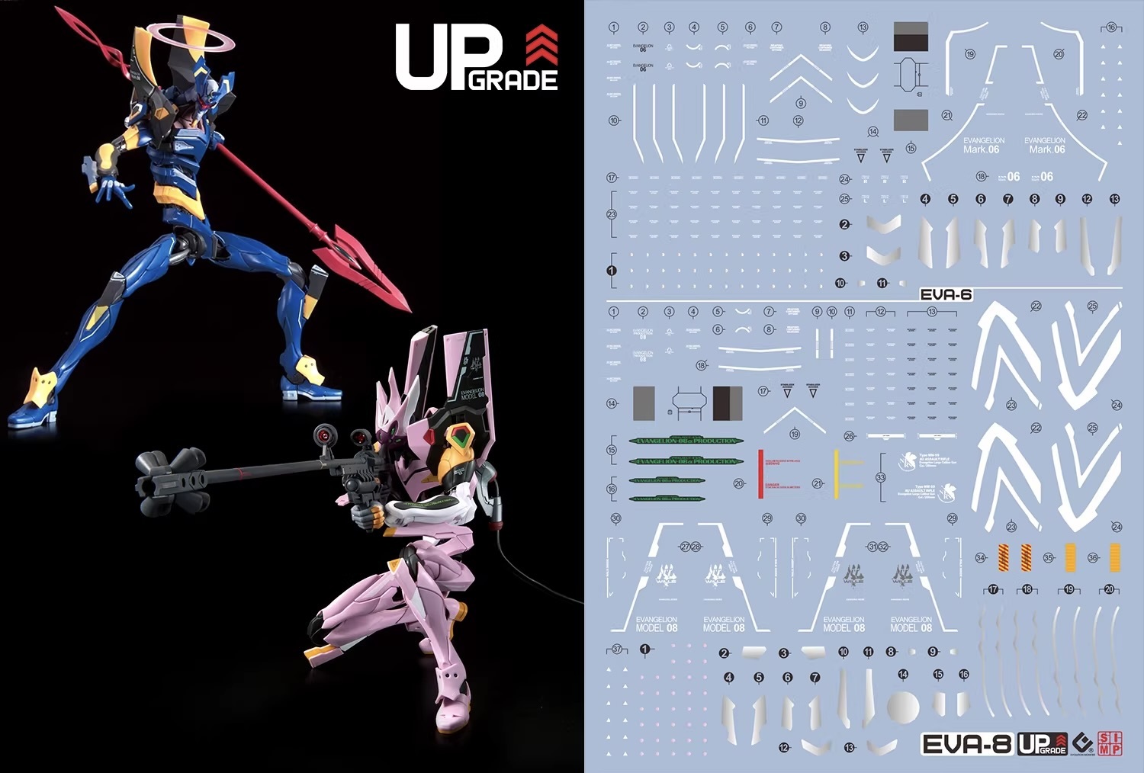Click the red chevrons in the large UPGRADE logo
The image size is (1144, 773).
(x=541, y=45)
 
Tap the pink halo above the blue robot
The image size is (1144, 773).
(x=191, y=37)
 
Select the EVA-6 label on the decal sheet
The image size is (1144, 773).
(x=946, y=295)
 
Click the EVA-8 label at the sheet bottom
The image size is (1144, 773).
(x=967, y=744)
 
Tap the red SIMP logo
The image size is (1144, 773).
(x=1110, y=743)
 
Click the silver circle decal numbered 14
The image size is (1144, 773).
(x=903, y=707)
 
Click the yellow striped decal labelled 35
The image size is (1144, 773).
(x=1070, y=557)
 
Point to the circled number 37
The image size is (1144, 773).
(x=617, y=650)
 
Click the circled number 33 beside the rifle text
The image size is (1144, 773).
(x=881, y=478)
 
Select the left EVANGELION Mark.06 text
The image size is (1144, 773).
(x=983, y=145)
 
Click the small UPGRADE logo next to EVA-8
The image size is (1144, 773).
(x=1043, y=744)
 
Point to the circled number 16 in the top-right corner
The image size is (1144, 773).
(x=1111, y=27)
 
